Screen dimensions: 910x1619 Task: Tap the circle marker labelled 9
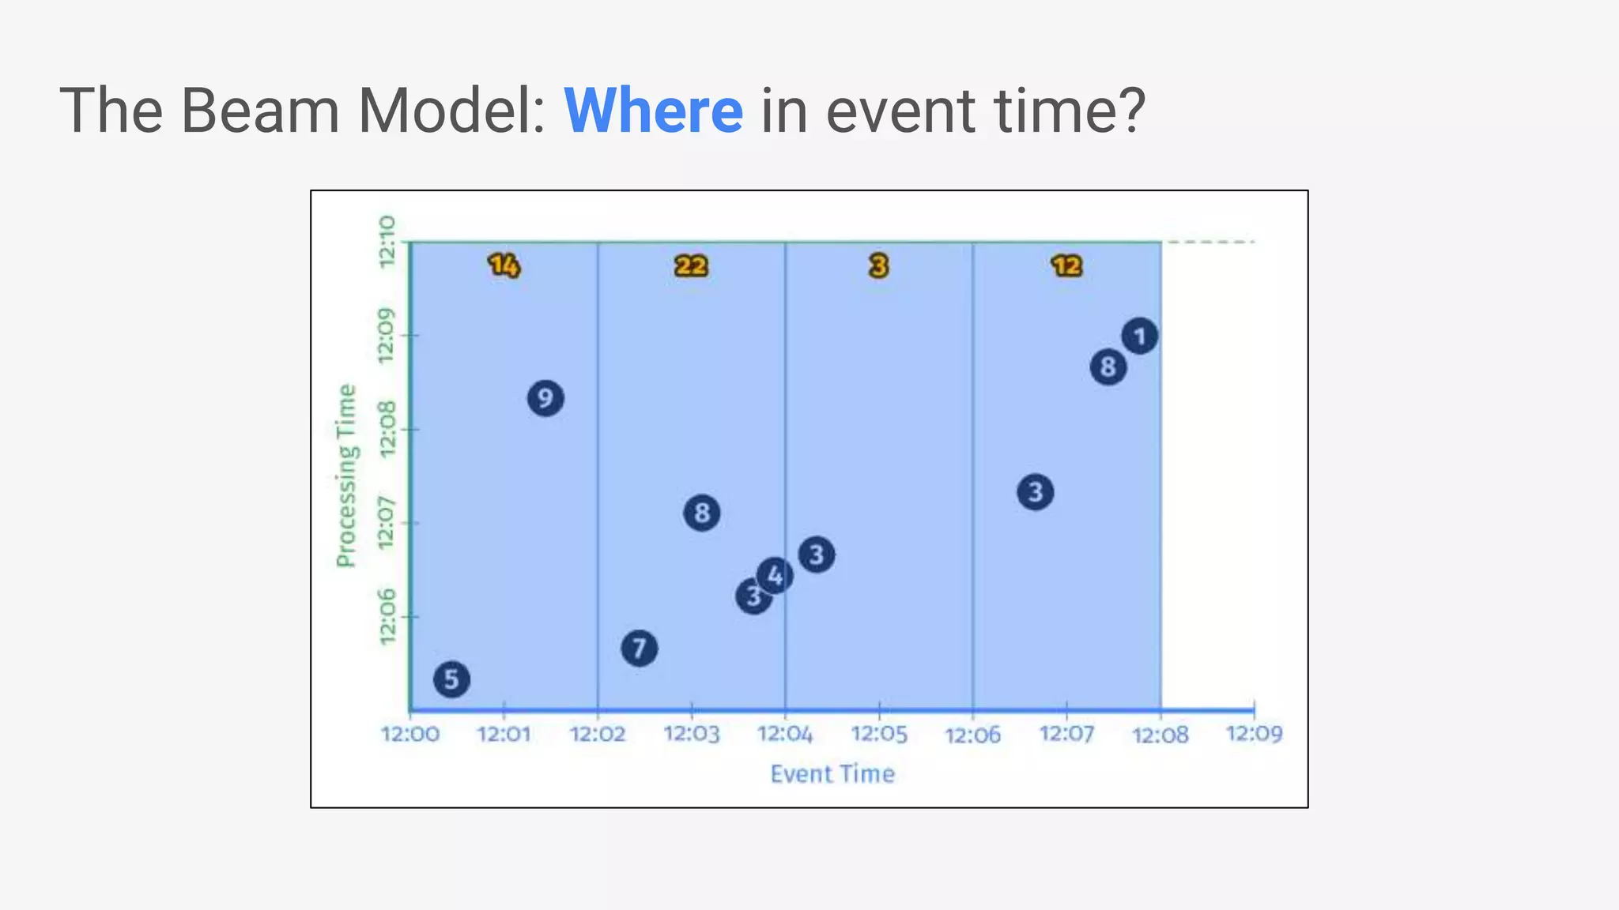545,398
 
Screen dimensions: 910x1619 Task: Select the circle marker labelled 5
451,679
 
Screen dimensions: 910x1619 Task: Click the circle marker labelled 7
639,649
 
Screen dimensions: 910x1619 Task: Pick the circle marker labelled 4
775,575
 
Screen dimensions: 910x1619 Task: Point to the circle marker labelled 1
1139,337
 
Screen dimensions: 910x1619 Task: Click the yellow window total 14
504,265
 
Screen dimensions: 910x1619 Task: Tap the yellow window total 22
691,266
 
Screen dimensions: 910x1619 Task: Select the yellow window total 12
1066,266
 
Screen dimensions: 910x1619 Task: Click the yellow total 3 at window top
878,266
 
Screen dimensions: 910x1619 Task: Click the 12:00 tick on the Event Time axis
410,735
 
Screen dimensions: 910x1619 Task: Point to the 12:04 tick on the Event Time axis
785,735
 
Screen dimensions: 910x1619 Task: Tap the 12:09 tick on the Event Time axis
1254,734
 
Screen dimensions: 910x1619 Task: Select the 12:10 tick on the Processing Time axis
387,242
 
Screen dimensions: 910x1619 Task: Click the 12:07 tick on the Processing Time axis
387,523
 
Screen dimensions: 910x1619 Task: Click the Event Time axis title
832,774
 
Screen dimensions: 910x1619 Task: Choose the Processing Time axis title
346,476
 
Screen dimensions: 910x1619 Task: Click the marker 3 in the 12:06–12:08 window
1035,492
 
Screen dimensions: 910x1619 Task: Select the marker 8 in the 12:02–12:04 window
701,513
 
